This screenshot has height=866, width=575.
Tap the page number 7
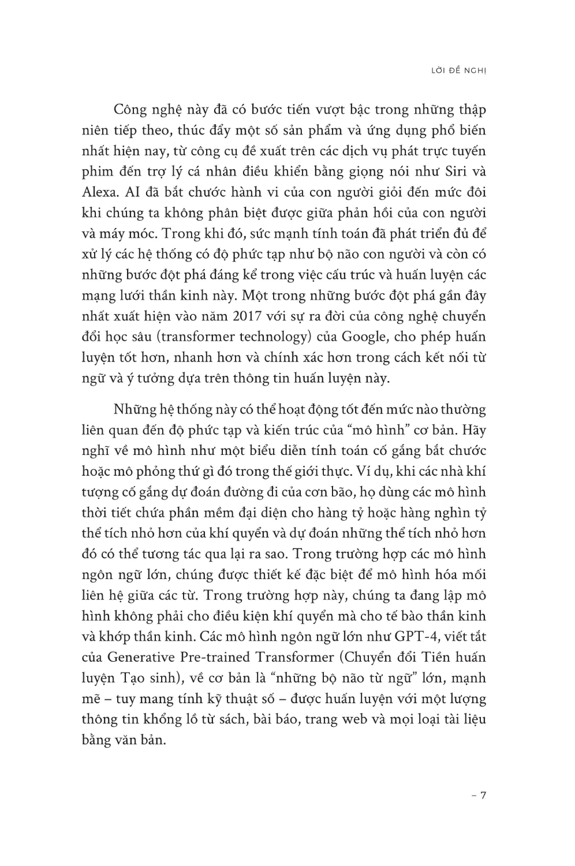(483, 795)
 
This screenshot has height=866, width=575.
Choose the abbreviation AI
(143, 192)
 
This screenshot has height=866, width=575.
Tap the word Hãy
(471, 430)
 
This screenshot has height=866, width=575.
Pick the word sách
(232, 719)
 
